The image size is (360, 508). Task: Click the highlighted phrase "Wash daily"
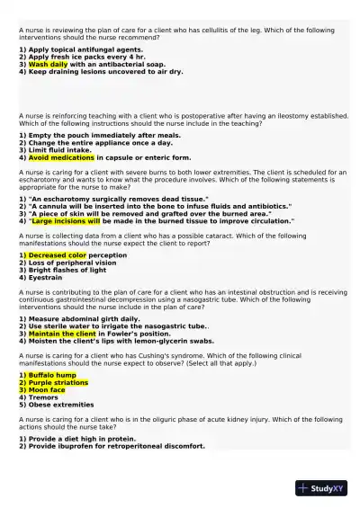point(49,65)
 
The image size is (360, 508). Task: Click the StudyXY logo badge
point(321,488)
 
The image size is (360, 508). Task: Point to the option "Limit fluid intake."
point(58,150)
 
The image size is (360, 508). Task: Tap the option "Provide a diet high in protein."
point(76,438)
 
